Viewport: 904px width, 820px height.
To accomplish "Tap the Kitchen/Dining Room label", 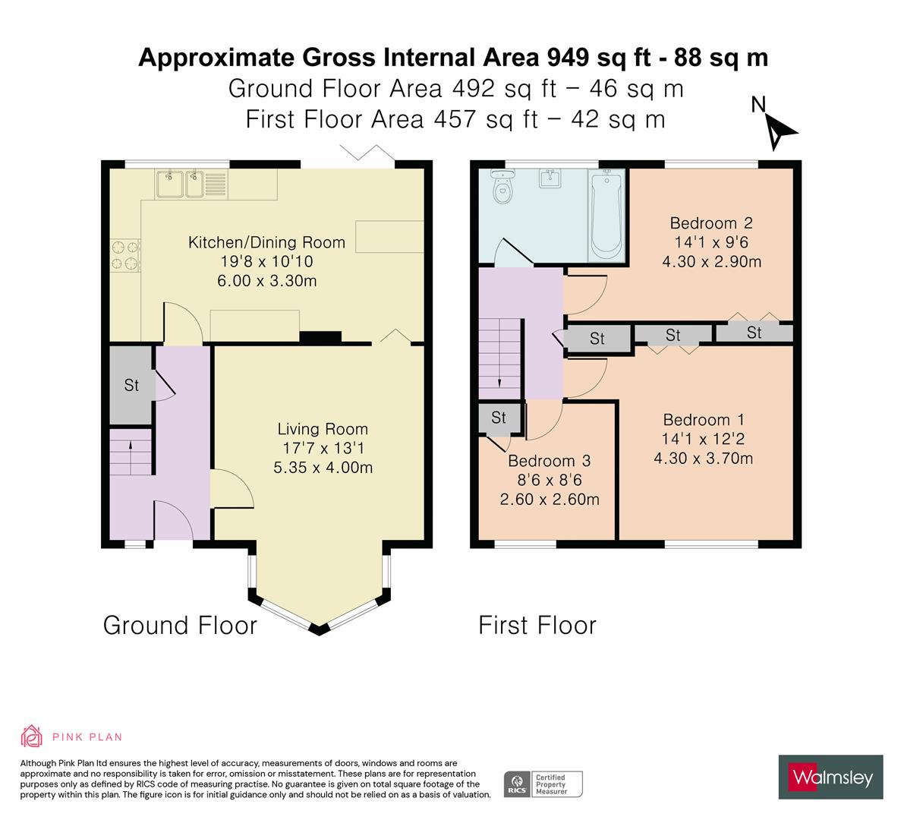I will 266,243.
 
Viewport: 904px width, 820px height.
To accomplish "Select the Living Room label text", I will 323,429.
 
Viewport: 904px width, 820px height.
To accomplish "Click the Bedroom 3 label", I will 549,461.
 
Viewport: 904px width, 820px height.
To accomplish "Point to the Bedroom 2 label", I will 710,223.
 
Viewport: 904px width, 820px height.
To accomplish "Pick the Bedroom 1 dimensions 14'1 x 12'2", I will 703,439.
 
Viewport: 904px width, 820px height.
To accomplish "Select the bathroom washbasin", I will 550,179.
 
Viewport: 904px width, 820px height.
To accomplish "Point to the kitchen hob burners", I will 126,255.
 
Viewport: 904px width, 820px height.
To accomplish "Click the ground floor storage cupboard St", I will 131,385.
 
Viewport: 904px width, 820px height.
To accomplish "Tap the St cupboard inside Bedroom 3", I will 499,418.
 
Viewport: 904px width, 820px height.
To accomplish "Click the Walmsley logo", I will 831,777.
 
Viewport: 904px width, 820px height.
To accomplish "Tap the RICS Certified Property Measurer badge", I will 543,784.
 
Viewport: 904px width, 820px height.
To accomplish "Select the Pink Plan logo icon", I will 31,736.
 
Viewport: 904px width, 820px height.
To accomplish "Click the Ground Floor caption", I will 180,626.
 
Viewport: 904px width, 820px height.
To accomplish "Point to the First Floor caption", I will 537,626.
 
